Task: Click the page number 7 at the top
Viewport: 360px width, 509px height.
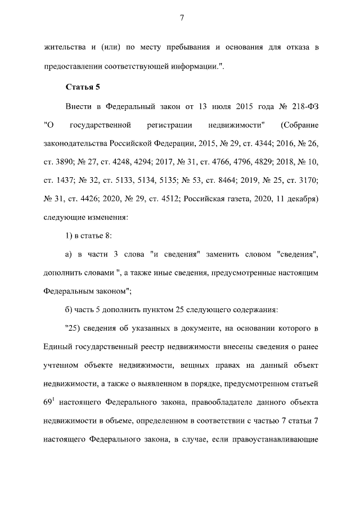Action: click(x=182, y=17)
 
